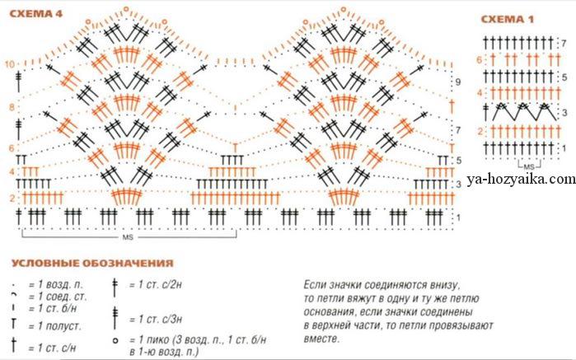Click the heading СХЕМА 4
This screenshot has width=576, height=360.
(x=36, y=14)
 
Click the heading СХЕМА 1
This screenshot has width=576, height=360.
(x=508, y=19)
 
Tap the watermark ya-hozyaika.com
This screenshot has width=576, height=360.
(x=522, y=179)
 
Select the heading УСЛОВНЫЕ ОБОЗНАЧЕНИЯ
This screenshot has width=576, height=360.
(x=92, y=263)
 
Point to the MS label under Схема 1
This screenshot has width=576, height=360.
(x=529, y=167)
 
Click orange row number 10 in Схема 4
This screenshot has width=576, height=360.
(x=10, y=64)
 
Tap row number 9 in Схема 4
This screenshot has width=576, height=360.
(x=457, y=82)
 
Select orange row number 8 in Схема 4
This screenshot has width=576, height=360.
(x=12, y=107)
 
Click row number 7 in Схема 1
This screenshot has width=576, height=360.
(x=564, y=44)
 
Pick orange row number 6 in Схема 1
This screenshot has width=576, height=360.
(x=479, y=59)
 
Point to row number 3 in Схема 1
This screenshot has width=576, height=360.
(x=564, y=113)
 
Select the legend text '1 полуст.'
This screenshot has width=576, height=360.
(x=54, y=326)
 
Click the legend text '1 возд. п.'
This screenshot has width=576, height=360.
(x=56, y=285)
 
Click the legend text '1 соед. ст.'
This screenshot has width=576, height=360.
(x=58, y=296)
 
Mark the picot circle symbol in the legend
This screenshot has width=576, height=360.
(x=115, y=341)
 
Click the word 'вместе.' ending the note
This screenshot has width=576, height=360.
(x=320, y=339)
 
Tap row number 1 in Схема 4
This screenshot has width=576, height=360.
(x=458, y=218)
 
